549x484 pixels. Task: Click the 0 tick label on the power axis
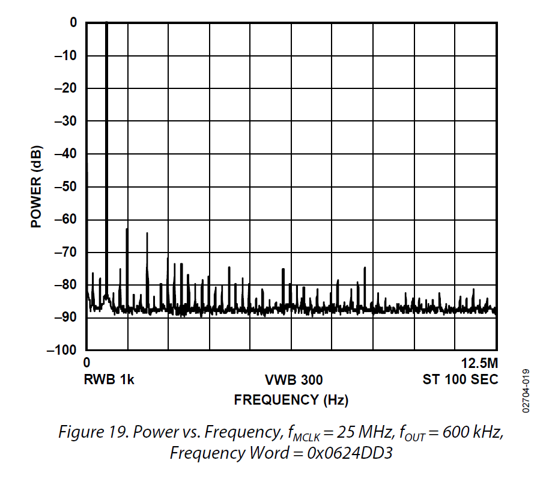pyautogui.click(x=73, y=23)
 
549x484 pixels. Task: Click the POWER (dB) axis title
pyautogui.click(x=36, y=186)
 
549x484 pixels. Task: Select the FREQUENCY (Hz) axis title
pyautogui.click(x=291, y=399)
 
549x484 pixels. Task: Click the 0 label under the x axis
pyautogui.click(x=87, y=364)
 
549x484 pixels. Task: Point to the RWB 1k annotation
pyautogui.click(x=109, y=380)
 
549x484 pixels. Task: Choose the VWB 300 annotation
pyautogui.click(x=293, y=380)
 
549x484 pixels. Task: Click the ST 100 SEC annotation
pyautogui.click(x=460, y=380)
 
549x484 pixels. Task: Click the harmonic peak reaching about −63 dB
pyautogui.click(x=127, y=230)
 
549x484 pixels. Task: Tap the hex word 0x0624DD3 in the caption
pyautogui.click(x=350, y=453)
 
